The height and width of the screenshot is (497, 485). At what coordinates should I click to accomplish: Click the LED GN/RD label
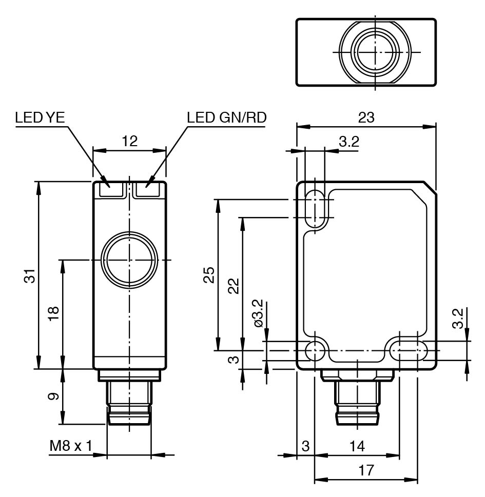coord(227,117)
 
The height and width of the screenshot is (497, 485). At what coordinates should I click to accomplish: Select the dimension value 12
coord(130,141)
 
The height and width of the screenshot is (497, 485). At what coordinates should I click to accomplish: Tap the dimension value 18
coord(54,314)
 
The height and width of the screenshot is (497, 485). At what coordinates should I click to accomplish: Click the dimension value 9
coord(54,396)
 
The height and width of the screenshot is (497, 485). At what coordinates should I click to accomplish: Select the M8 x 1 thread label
coord(70,446)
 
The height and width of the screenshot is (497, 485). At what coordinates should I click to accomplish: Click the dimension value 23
coord(366,117)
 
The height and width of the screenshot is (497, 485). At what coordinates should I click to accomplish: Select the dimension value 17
coord(366,470)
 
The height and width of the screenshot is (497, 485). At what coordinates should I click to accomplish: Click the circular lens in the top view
coord(375,52)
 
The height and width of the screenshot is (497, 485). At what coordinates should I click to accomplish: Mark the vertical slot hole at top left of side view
coord(315,209)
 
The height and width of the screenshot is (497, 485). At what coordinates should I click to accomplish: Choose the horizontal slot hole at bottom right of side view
coord(408,351)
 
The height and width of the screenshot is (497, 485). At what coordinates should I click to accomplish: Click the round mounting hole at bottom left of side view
coord(315,351)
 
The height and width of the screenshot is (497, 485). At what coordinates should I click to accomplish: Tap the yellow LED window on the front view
coord(109,190)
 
